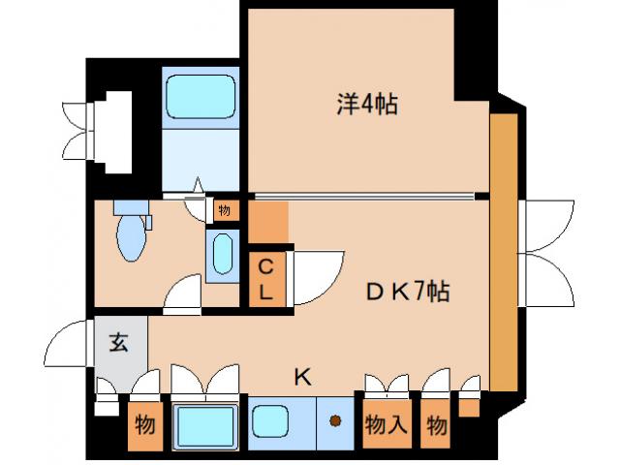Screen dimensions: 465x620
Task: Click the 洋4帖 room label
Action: [x=368, y=102]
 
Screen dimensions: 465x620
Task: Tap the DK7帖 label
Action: [x=406, y=292]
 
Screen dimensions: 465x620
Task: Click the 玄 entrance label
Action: [x=117, y=342]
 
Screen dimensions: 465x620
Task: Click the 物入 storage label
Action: [x=384, y=424]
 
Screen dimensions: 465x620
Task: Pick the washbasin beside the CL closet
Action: [x=221, y=254]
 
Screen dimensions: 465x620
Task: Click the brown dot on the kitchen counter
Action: [x=335, y=421]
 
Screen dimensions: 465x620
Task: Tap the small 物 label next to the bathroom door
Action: [x=225, y=209]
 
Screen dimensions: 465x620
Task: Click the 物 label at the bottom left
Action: [x=145, y=424]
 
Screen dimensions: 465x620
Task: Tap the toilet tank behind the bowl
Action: [x=128, y=208]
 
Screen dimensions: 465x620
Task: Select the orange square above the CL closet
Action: [x=270, y=222]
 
